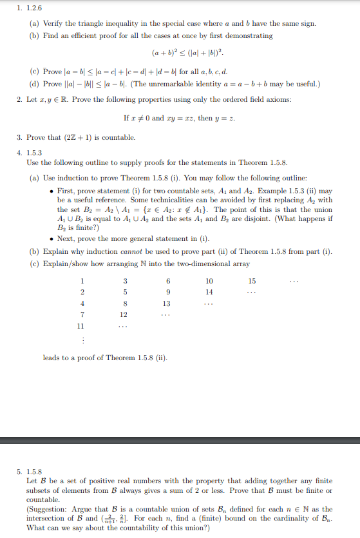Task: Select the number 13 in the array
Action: (166, 303)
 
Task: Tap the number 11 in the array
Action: (82, 327)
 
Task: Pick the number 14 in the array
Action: (209, 292)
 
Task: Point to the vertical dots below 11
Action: (82, 340)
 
